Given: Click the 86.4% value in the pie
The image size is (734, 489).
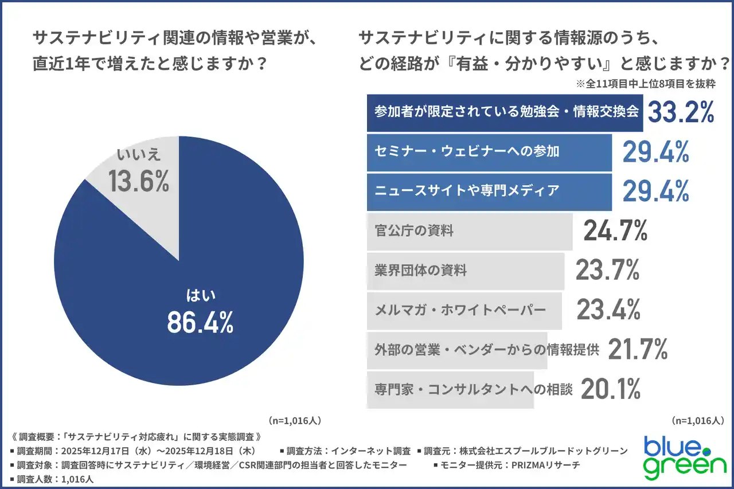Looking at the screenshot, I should tap(200, 323).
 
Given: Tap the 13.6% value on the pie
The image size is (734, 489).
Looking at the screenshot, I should tap(139, 181).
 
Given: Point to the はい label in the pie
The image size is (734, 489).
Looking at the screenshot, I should tap(200, 296).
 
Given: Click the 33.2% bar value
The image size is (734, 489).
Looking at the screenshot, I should tap(681, 112).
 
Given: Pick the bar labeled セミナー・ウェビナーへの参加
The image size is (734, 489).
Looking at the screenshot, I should tap(489, 152).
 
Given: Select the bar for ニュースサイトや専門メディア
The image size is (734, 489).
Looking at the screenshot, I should tap(489, 191).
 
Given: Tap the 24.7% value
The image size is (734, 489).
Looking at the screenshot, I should tap(615, 231).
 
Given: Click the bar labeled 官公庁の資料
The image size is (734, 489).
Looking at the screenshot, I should tap(469, 231).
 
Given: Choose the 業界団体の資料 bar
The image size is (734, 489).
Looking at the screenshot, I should tap(465, 271).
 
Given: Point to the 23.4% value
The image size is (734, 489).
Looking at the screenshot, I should tap(608, 310).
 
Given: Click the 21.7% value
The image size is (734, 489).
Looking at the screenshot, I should tap(637, 349).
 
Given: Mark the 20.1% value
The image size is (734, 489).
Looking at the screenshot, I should tap(610, 389).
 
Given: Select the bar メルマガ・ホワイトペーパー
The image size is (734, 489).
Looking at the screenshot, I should tap(464, 310).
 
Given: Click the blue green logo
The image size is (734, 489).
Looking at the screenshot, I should tap(684, 457).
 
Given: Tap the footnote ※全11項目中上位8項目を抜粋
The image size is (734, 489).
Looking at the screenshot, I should tap(646, 84).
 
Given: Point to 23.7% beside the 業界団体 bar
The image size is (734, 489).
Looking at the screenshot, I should tap(607, 271).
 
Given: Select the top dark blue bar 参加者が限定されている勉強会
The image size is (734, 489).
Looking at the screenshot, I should tap(506, 112).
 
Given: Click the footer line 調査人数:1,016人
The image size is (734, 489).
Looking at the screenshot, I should tap(52, 478).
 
